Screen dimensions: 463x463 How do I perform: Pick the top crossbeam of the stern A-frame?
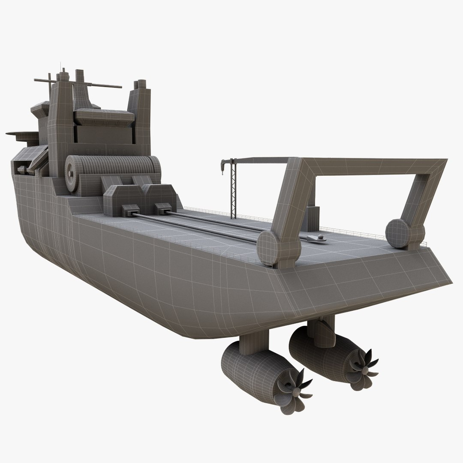[369, 165]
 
